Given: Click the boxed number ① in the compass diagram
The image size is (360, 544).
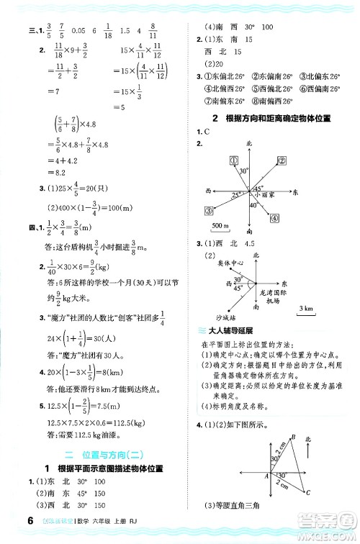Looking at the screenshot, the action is [x=233, y=160].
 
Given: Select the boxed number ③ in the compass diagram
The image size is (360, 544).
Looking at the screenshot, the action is [x=210, y=209].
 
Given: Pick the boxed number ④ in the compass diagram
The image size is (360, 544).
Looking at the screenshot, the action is [x=276, y=218].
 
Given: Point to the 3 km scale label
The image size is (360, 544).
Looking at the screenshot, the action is [x=307, y=309].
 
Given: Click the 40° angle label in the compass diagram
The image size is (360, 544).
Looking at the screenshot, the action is [x=252, y=205].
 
